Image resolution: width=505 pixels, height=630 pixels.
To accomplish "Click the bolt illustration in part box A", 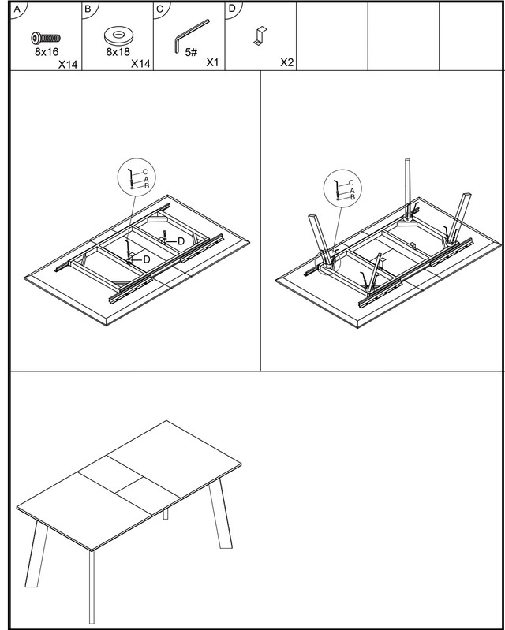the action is pyautogui.click(x=46, y=38).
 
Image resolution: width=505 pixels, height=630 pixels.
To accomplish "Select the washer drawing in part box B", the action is pyautogui.click(x=118, y=35).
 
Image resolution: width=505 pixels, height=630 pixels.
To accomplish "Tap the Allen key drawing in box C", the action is pyautogui.click(x=191, y=35).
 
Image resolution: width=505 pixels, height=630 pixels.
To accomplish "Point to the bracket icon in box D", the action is pyautogui.click(x=260, y=35).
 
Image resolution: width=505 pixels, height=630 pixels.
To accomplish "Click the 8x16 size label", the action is pyautogui.click(x=47, y=52).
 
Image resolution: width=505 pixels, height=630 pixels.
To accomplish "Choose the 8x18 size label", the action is pyautogui.click(x=118, y=52).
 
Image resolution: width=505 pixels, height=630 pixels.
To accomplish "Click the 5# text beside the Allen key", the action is pyautogui.click(x=192, y=52).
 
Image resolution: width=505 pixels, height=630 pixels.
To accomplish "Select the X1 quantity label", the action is pyautogui.click(x=212, y=62).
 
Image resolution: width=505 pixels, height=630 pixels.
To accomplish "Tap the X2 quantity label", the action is pyautogui.click(x=286, y=62).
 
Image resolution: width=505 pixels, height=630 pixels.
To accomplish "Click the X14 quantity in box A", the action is pyautogui.click(x=68, y=65).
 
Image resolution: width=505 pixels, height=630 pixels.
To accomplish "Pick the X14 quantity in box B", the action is pyautogui.click(x=140, y=64).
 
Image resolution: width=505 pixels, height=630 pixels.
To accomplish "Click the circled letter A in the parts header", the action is pyautogui.click(x=17, y=9).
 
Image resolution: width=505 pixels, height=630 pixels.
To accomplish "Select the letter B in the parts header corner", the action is pyautogui.click(x=88, y=9).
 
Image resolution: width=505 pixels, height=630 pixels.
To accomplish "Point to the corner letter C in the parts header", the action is pyautogui.click(x=159, y=9).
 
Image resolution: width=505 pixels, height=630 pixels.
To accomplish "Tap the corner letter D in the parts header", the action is pyautogui.click(x=232, y=9).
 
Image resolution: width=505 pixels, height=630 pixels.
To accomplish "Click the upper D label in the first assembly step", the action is pyautogui.click(x=181, y=241).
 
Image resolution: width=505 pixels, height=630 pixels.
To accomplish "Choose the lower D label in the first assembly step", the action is pyautogui.click(x=147, y=259).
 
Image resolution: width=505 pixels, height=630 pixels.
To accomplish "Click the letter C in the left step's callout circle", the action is pyautogui.click(x=145, y=172).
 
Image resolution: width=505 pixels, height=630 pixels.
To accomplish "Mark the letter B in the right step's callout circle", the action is pyautogui.click(x=353, y=197).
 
